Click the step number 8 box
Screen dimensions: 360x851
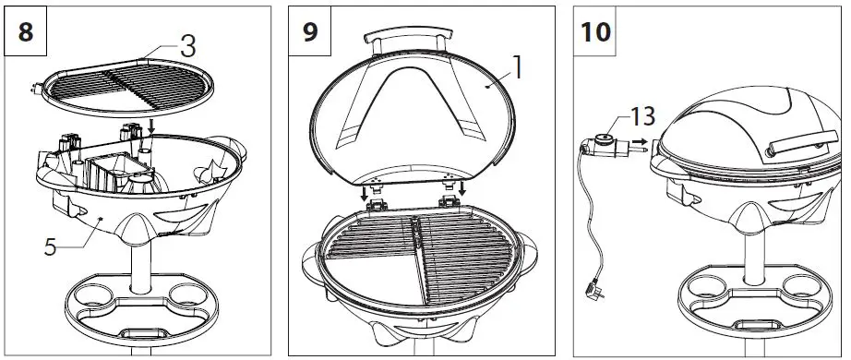pyautogui.click(x=26, y=30)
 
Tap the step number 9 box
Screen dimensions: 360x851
pyautogui.click(x=311, y=30)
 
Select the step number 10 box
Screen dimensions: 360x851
pyautogui.click(x=595, y=30)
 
